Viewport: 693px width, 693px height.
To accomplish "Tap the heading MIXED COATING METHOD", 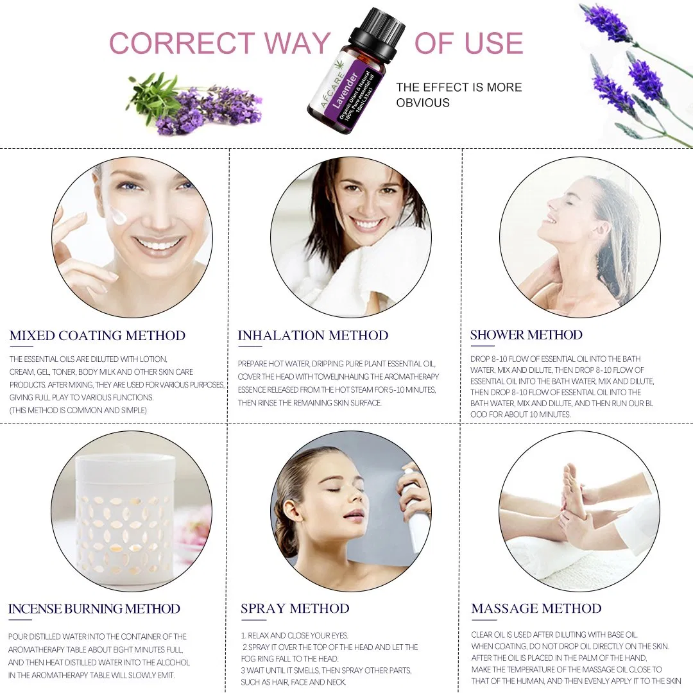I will click(98, 336).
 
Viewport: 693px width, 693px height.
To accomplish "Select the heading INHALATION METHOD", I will click(313, 336).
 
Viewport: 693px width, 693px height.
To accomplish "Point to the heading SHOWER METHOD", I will click(526, 335).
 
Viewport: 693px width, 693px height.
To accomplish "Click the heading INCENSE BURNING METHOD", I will click(94, 609).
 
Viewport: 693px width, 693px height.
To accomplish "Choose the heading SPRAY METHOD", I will click(295, 609).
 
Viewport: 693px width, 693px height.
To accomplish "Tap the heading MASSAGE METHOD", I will click(536, 609).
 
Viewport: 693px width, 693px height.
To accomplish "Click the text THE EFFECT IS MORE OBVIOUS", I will click(459, 95).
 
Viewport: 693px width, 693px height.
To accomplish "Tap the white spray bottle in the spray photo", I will click(415, 507).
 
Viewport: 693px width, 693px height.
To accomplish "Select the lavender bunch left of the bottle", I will click(199, 106).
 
